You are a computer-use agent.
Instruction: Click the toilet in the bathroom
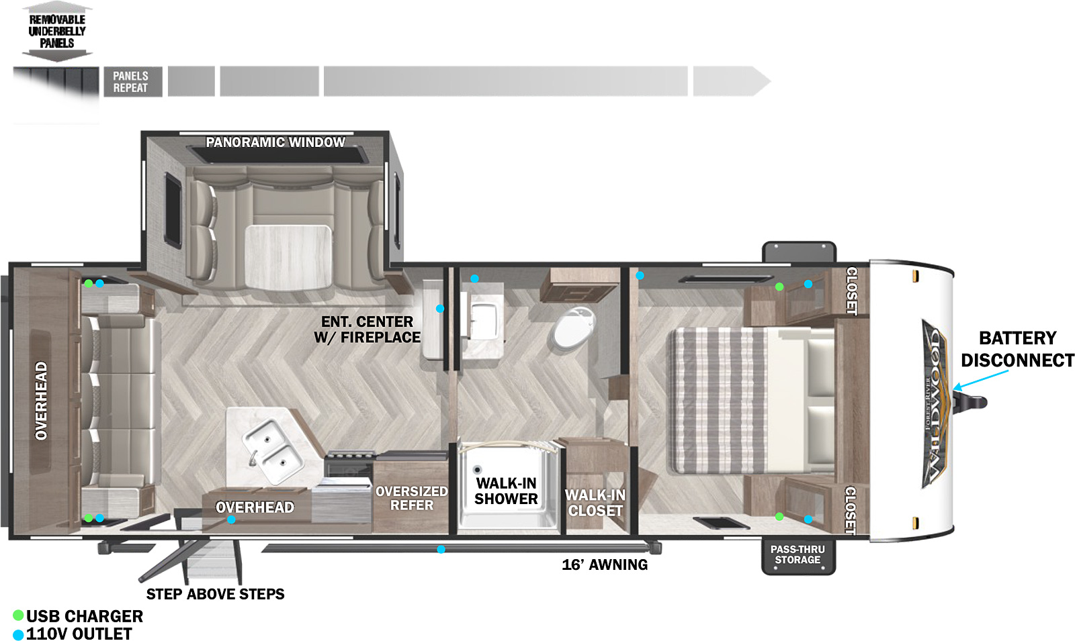pos(574,328)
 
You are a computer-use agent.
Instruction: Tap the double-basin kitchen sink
pos(273,450)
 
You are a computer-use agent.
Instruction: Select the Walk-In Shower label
pos(506,491)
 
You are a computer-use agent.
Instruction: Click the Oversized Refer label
pos(411,498)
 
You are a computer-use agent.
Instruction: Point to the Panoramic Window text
pos(275,142)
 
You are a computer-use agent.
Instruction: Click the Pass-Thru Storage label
pos(798,554)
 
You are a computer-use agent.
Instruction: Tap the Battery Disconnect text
pos(1017,349)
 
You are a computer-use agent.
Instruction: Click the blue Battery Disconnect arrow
pos(980,379)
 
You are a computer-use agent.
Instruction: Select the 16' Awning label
pos(605,564)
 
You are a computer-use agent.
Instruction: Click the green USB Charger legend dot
pos(18,615)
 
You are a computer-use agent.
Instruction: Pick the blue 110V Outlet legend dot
pos(18,634)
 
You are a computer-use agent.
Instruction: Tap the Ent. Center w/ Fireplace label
pos(367,330)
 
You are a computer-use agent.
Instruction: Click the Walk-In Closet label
pos(595,503)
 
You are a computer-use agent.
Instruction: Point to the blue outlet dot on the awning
pos(441,550)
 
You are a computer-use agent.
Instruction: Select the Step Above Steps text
pos(215,594)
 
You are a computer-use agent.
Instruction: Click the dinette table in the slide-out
pos(288,256)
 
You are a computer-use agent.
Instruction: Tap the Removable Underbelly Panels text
pos(57,31)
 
